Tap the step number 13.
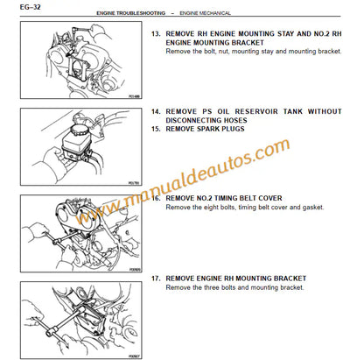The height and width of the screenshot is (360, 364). point(157,34)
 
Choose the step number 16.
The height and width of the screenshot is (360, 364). point(157,198)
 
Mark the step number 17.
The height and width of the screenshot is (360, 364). point(157,278)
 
